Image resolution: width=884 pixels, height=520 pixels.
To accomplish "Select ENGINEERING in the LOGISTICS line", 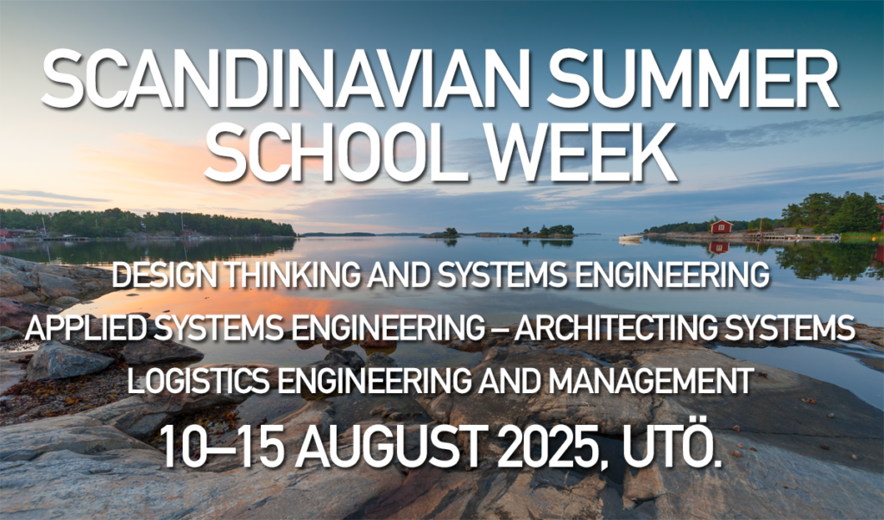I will (x=363, y=380).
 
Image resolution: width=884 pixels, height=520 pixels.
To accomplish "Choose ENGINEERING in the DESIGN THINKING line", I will (x=672, y=276).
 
